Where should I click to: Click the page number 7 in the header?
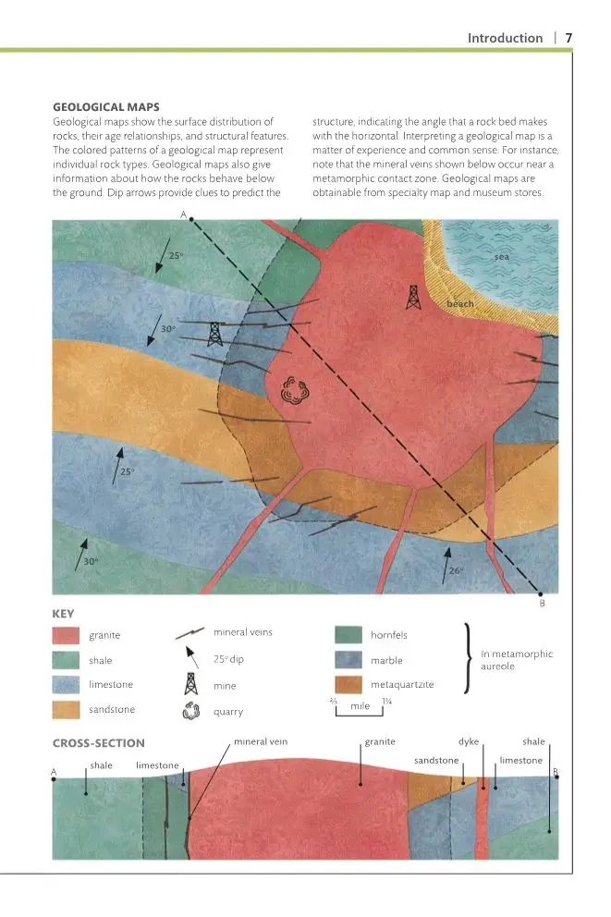click(568, 38)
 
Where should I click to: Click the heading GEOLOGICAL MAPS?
click(105, 107)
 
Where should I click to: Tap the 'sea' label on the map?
click(502, 256)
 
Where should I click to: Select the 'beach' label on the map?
click(459, 304)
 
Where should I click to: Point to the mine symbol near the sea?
click(412, 296)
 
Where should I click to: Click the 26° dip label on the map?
click(456, 570)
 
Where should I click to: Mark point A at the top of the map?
click(191, 218)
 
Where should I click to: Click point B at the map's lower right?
click(542, 594)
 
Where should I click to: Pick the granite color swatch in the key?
click(65, 636)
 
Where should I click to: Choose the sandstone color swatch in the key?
click(65, 709)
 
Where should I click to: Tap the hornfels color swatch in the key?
click(348, 635)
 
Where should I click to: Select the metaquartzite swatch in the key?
click(348, 685)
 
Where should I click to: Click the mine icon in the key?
click(191, 684)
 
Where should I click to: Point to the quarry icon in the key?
click(191, 712)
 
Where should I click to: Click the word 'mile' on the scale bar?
click(360, 705)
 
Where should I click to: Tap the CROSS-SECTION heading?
click(99, 742)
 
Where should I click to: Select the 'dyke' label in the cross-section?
click(469, 741)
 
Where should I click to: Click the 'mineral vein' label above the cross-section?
click(261, 741)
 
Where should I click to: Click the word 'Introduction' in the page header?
click(505, 38)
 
